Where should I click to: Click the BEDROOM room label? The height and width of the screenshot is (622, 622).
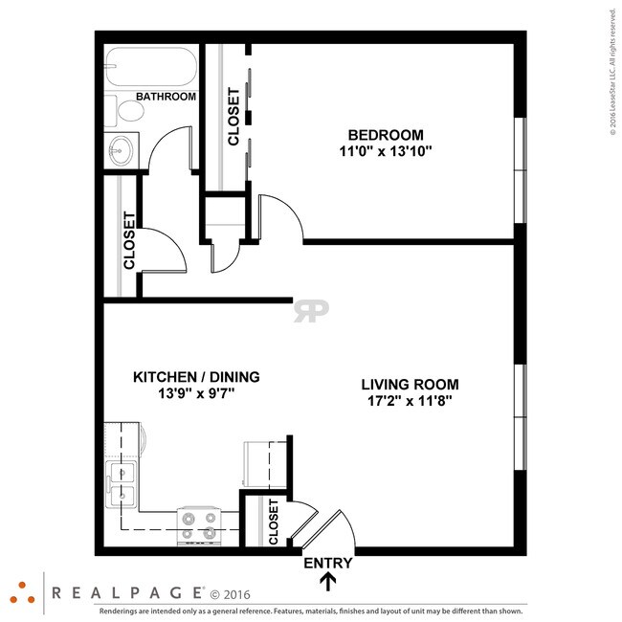(386, 135)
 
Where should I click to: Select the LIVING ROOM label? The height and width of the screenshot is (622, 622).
(406, 385)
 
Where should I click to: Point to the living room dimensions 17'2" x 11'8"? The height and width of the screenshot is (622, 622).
(406, 401)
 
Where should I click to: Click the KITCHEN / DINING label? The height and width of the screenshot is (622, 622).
(196, 377)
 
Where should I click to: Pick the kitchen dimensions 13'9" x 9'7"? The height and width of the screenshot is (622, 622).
(196, 393)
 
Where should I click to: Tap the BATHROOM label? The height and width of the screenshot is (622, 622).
(166, 97)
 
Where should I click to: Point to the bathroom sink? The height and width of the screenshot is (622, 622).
(121, 149)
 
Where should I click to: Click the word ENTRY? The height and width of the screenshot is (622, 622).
(328, 563)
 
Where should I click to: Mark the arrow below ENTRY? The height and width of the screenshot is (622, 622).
(328, 581)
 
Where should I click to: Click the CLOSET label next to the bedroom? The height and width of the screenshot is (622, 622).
(233, 117)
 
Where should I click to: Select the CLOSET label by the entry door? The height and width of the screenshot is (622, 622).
(274, 522)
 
